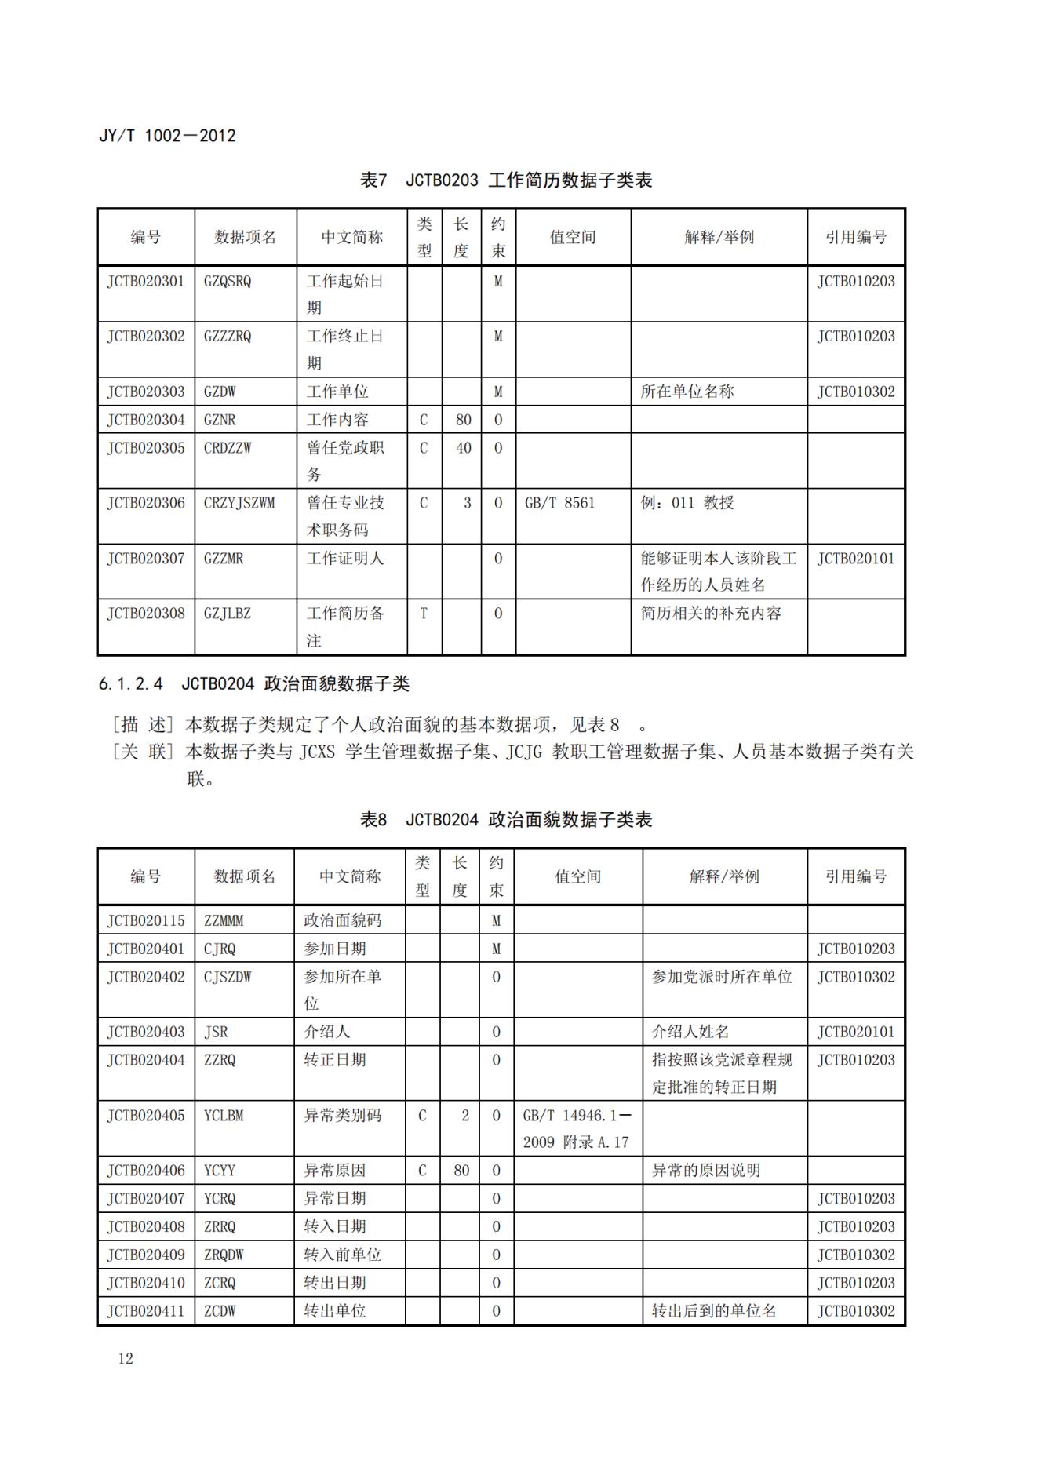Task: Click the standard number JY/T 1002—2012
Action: point(167,136)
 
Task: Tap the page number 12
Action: point(126,1359)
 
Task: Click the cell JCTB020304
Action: point(146,420)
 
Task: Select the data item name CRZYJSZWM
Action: point(239,503)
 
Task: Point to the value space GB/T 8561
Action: point(560,503)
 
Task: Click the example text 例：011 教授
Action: point(687,503)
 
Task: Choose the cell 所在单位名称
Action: point(687,392)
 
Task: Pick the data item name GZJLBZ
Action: point(228,614)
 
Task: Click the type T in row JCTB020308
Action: point(424,614)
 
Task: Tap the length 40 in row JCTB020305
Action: point(464,448)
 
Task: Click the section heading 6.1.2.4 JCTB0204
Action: point(254,684)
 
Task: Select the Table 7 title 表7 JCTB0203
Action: point(506,180)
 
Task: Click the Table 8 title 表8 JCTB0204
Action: point(506,820)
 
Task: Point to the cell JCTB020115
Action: point(146,920)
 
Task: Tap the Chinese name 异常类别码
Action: point(343,1115)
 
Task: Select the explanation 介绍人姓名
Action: point(690,1032)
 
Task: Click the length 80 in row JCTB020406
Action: point(461,1171)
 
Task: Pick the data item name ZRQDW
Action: point(224,1255)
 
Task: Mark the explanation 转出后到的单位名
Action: point(714,1311)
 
